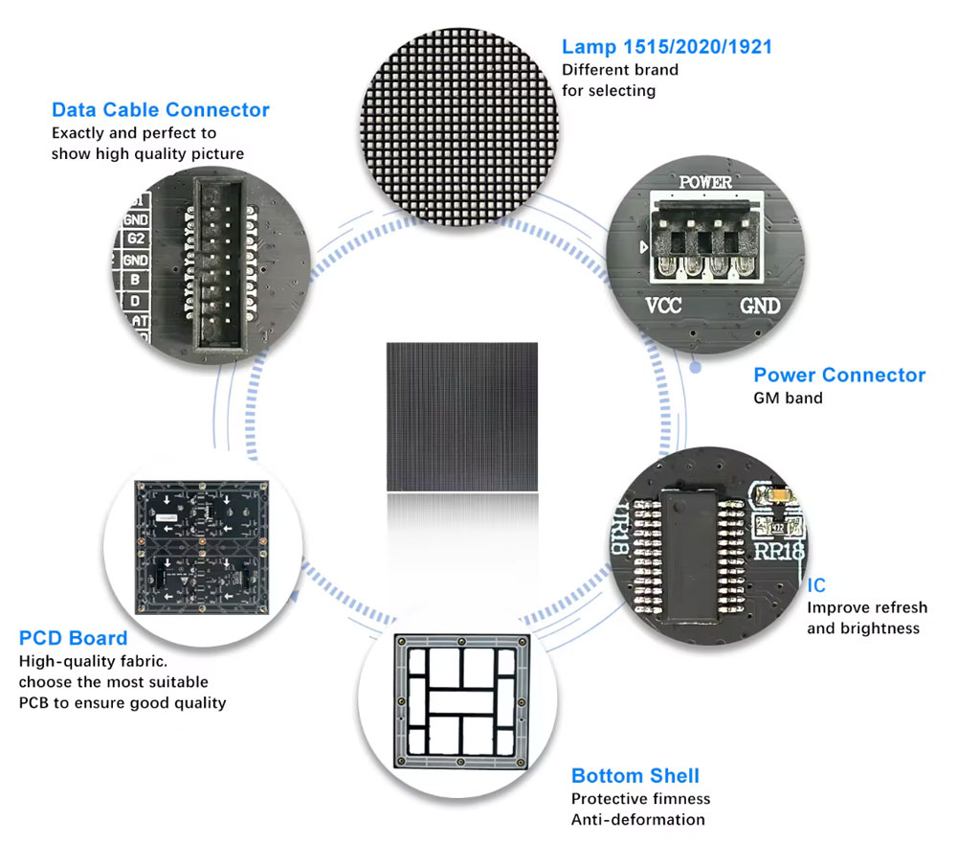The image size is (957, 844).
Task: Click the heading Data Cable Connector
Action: click(x=160, y=110)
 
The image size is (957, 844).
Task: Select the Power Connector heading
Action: click(x=839, y=375)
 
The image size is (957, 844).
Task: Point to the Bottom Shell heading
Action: click(x=634, y=776)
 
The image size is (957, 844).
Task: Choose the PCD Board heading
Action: click(x=73, y=638)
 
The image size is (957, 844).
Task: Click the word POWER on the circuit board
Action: click(x=705, y=182)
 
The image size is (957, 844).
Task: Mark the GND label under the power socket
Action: click(x=761, y=307)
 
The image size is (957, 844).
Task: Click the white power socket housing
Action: click(x=706, y=235)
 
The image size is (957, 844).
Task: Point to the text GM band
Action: click(x=788, y=398)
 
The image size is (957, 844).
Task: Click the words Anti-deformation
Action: click(x=637, y=819)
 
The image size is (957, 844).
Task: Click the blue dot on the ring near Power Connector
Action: click(x=697, y=367)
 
